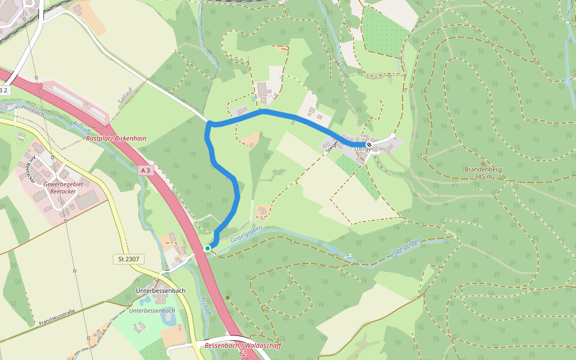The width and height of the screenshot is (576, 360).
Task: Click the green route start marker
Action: coord(208,248)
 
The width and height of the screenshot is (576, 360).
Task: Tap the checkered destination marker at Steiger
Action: coord(369,145)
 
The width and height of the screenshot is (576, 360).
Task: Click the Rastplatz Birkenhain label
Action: coord(116,138)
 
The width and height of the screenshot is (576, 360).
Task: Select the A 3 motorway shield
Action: coord(144,170)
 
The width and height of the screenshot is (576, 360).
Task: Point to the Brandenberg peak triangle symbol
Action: coord(482,163)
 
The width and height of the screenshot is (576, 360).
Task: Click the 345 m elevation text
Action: coord(483,176)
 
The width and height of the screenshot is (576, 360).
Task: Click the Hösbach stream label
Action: coord(34,110)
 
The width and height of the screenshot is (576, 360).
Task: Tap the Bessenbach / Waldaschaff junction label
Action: coord(234,346)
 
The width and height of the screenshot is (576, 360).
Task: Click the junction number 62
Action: coord(242,354)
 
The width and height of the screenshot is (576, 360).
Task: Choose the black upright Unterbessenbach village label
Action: coord(161,290)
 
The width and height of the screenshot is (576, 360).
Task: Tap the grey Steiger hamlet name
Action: coord(362,149)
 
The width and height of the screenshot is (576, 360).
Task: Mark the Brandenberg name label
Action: coord(483,169)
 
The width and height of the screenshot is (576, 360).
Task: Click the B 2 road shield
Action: coord(4,90)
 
